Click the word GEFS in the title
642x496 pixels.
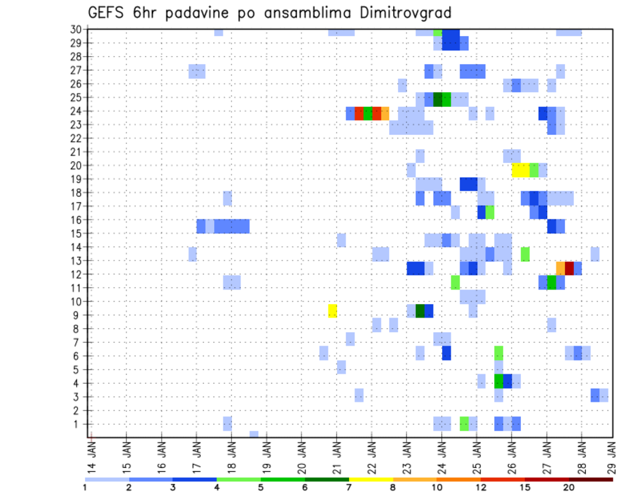[x=105, y=13]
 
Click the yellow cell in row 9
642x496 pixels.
[x=332, y=311]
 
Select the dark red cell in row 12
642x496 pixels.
[x=569, y=267]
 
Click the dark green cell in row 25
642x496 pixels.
[x=437, y=99]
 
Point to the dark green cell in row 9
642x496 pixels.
[x=420, y=311]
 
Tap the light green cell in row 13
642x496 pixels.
[x=525, y=254]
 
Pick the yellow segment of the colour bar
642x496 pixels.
[x=370, y=479]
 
